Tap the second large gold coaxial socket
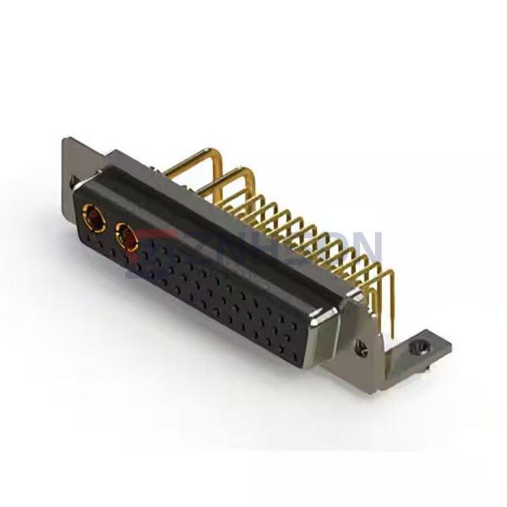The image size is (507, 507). tap(129, 243)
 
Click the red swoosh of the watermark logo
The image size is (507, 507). tap(161, 241)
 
